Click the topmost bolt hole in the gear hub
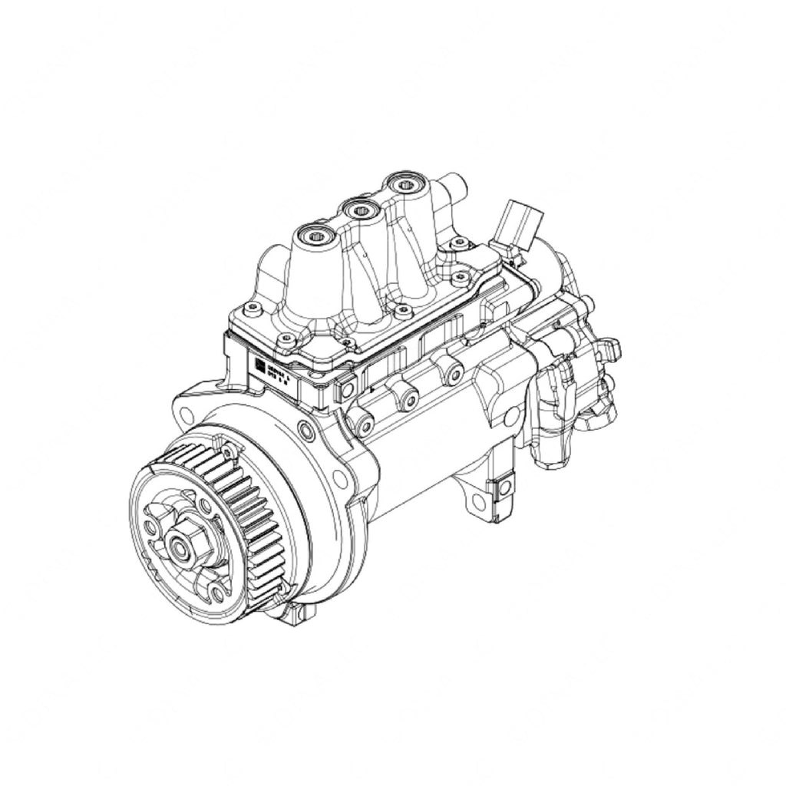tap(205, 505)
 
